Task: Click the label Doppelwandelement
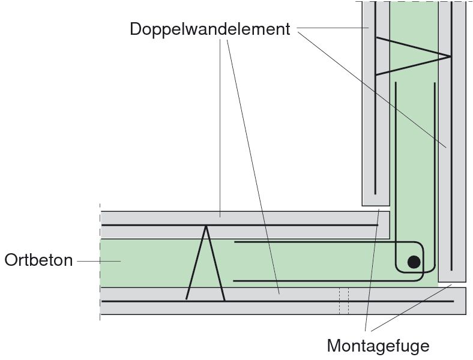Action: click(209, 29)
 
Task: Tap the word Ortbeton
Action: click(38, 260)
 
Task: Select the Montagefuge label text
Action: click(378, 346)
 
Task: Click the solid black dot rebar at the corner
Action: click(414, 262)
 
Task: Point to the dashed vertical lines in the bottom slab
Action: click(343, 300)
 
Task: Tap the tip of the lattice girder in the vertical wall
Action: click(450, 56)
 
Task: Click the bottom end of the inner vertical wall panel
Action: click(376, 203)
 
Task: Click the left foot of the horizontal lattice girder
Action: click(187, 299)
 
